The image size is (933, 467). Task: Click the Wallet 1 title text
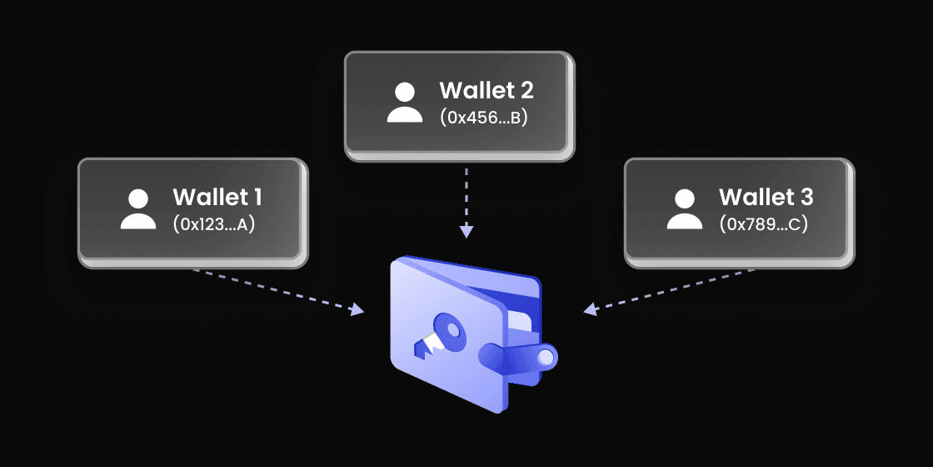point(217,198)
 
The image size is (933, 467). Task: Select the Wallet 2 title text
point(486,90)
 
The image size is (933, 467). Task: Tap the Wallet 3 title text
point(766,198)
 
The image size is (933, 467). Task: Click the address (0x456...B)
point(484,117)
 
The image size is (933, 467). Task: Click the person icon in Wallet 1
point(138,209)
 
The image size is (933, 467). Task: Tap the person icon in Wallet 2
point(405,103)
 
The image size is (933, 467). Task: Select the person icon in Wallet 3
point(685,209)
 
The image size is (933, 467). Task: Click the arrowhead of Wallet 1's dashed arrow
point(357,310)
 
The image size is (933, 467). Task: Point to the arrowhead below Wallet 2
point(466,231)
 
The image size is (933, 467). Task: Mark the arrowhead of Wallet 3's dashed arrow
point(590,310)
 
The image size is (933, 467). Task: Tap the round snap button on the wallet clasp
point(545,358)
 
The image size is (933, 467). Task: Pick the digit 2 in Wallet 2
point(526,90)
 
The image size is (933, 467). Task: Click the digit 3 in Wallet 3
point(805,198)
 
